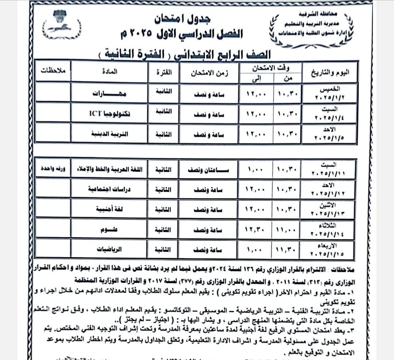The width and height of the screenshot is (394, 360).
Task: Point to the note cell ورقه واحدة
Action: pyautogui.click(x=53, y=169)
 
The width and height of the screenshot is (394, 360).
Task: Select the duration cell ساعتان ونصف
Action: pyautogui.click(x=209, y=170)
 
